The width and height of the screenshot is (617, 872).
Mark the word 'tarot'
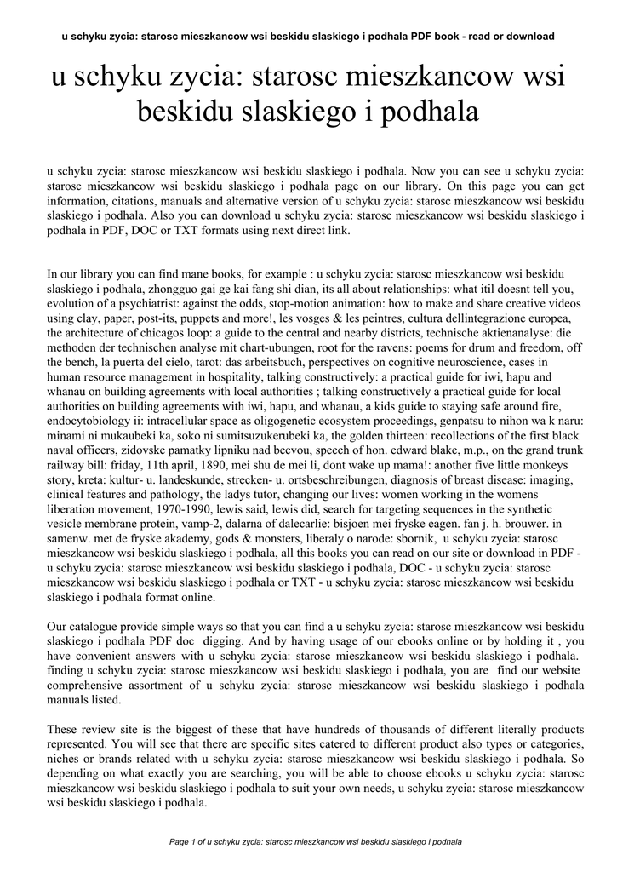click(x=197, y=362)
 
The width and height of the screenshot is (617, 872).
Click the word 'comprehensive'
click(x=91, y=683)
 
